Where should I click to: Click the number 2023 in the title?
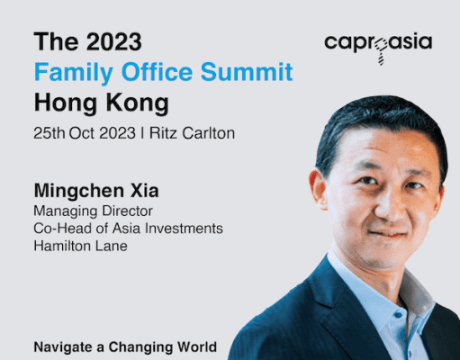click(x=114, y=41)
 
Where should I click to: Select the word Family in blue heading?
click(x=74, y=73)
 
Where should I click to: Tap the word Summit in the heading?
click(x=247, y=71)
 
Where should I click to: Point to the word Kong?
click(x=138, y=103)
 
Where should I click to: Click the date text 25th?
click(x=49, y=133)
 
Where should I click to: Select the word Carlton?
click(x=209, y=133)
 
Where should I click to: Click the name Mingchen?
click(x=79, y=191)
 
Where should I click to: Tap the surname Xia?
click(x=144, y=191)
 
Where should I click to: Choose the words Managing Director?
click(x=93, y=211)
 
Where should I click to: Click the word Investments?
click(x=184, y=229)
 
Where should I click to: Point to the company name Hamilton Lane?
click(x=80, y=246)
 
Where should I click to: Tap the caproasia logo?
click(x=378, y=46)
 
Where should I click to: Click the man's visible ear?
click(x=319, y=189)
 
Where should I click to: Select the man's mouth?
click(x=388, y=233)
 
